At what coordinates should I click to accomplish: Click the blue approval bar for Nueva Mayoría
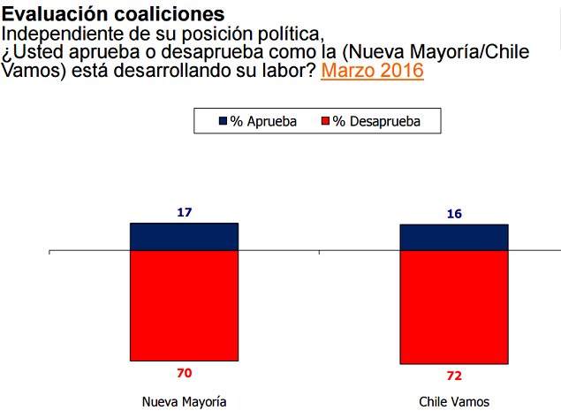coord(184,237)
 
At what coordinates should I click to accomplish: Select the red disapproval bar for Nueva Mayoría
coord(184,306)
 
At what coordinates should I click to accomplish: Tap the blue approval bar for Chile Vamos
coord(454,238)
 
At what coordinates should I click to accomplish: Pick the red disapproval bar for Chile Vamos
coord(454,308)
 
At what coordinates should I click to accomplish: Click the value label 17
coord(184,212)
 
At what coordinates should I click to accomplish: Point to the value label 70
coord(184,373)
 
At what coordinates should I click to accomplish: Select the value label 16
coord(454,213)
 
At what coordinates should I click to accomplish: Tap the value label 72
coord(454,376)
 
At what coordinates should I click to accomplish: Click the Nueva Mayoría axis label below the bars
coord(184,401)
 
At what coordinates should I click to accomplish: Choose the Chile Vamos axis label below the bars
coord(454,401)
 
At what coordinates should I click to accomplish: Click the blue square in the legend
coord(223,121)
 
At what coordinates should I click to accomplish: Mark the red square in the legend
coord(324,121)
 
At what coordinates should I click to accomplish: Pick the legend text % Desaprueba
coord(383,121)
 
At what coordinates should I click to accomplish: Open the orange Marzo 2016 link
coord(372,71)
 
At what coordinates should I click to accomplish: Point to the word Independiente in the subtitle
coord(55,34)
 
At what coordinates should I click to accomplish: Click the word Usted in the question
coord(39,52)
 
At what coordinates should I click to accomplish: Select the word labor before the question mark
coord(277,71)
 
